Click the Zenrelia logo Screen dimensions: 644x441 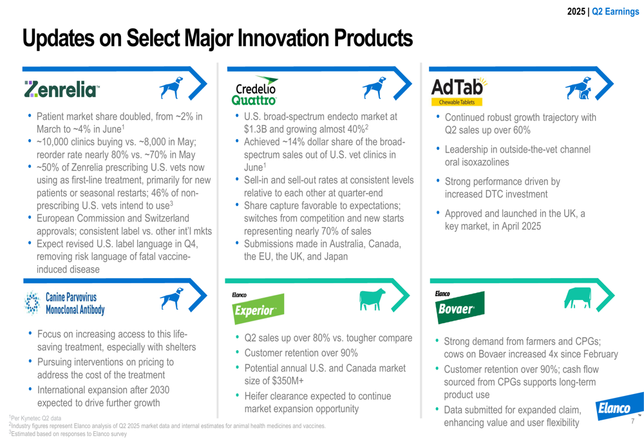pyautogui.click(x=62, y=89)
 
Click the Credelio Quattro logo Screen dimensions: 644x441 pyautogui.click(x=254, y=91)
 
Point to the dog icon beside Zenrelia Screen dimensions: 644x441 pyautogui.click(x=171, y=88)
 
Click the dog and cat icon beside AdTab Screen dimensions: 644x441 pyautogui.click(x=578, y=88)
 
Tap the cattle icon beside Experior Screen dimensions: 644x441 pyautogui.click(x=372, y=299)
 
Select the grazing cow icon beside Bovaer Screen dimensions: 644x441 pyautogui.click(x=578, y=297)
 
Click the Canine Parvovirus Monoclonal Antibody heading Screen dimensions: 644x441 pyautogui.click(x=75, y=303)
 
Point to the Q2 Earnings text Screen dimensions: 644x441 pyautogui.click(x=615, y=12)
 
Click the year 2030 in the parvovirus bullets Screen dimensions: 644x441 pyautogui.click(x=160, y=389)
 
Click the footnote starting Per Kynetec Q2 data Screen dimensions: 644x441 pyautogui.click(x=35, y=418)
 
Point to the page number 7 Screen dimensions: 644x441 pyautogui.click(x=633, y=421)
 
